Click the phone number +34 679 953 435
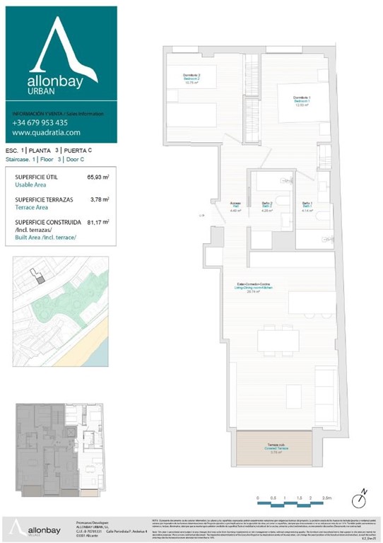click(x=40, y=122)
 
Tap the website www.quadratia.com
click(x=46, y=132)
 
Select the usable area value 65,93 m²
click(x=98, y=177)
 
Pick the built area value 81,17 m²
click(x=98, y=222)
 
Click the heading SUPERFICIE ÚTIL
click(x=36, y=177)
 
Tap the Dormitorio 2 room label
click(x=193, y=78)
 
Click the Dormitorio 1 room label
click(x=302, y=99)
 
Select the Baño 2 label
click(x=266, y=206)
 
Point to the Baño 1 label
click(x=307, y=206)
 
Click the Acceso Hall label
click(x=236, y=206)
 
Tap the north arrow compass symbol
click(x=363, y=493)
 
